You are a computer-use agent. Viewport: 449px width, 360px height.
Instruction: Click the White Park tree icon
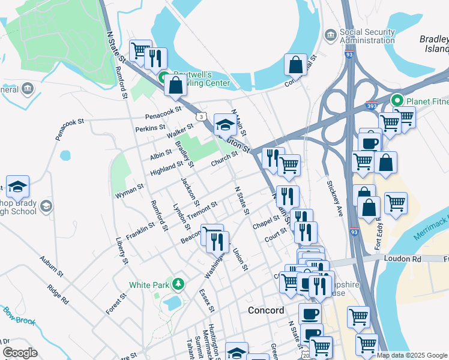[177, 283]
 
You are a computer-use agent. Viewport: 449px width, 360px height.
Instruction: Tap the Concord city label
[266, 310]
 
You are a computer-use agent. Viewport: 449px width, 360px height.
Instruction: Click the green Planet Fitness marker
[396, 100]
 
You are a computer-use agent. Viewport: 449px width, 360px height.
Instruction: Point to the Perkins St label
[150, 128]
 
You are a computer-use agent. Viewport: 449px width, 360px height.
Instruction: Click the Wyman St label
[129, 191]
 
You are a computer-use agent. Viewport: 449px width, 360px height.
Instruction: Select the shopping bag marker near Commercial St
[295, 65]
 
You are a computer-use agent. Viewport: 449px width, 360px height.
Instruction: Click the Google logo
[20, 353]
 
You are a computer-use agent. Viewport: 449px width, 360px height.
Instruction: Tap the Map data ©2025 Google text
[411, 355]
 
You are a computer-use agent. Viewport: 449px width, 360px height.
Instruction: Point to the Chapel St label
[267, 222]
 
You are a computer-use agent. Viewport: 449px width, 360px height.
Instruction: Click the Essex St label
[207, 300]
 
